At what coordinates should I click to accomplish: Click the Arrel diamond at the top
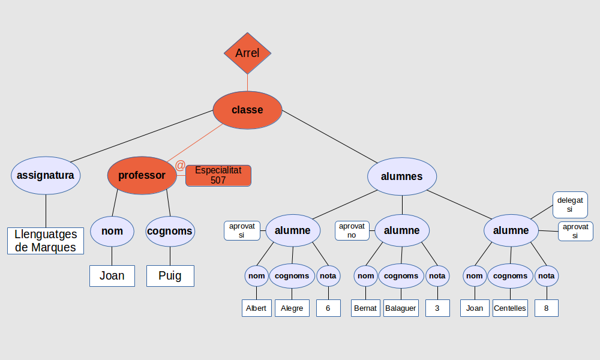247,53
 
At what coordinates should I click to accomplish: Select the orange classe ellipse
247,110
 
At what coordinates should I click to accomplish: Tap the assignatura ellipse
46,175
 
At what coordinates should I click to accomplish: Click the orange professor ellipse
142,175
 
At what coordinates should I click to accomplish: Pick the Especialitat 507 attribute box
218,175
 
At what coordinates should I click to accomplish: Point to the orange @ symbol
180,166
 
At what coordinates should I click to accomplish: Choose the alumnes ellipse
402,176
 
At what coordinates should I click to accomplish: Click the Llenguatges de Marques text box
46,241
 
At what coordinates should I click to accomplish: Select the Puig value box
170,276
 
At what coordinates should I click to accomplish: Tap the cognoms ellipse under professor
170,231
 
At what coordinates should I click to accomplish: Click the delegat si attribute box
569,205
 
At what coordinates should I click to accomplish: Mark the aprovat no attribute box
352,230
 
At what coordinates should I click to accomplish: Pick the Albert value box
256,308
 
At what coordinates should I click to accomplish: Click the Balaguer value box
401,308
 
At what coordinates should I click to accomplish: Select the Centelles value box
510,308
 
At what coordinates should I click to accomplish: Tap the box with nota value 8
547,308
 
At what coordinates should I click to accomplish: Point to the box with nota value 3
437,308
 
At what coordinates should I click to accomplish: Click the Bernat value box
365,308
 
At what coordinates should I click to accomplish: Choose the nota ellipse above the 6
328,276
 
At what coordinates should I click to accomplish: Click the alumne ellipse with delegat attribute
511,230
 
